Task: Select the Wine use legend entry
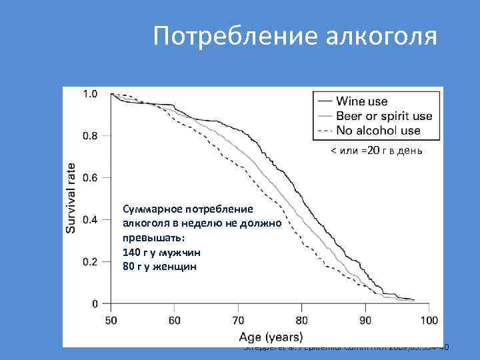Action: pos(361,102)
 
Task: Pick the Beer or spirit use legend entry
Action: pos(384,117)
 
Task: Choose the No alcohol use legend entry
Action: pos(378,131)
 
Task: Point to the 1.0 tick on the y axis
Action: pos(89,94)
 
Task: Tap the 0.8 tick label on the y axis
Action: pos(89,136)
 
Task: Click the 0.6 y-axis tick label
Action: pos(89,178)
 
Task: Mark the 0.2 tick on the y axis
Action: pos(89,262)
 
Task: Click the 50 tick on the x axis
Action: pos(111,321)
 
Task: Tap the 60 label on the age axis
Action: pos(174,321)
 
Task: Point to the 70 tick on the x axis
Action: pos(238,321)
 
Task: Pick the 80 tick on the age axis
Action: pos(301,321)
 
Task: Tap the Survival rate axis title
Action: pos(71,197)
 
